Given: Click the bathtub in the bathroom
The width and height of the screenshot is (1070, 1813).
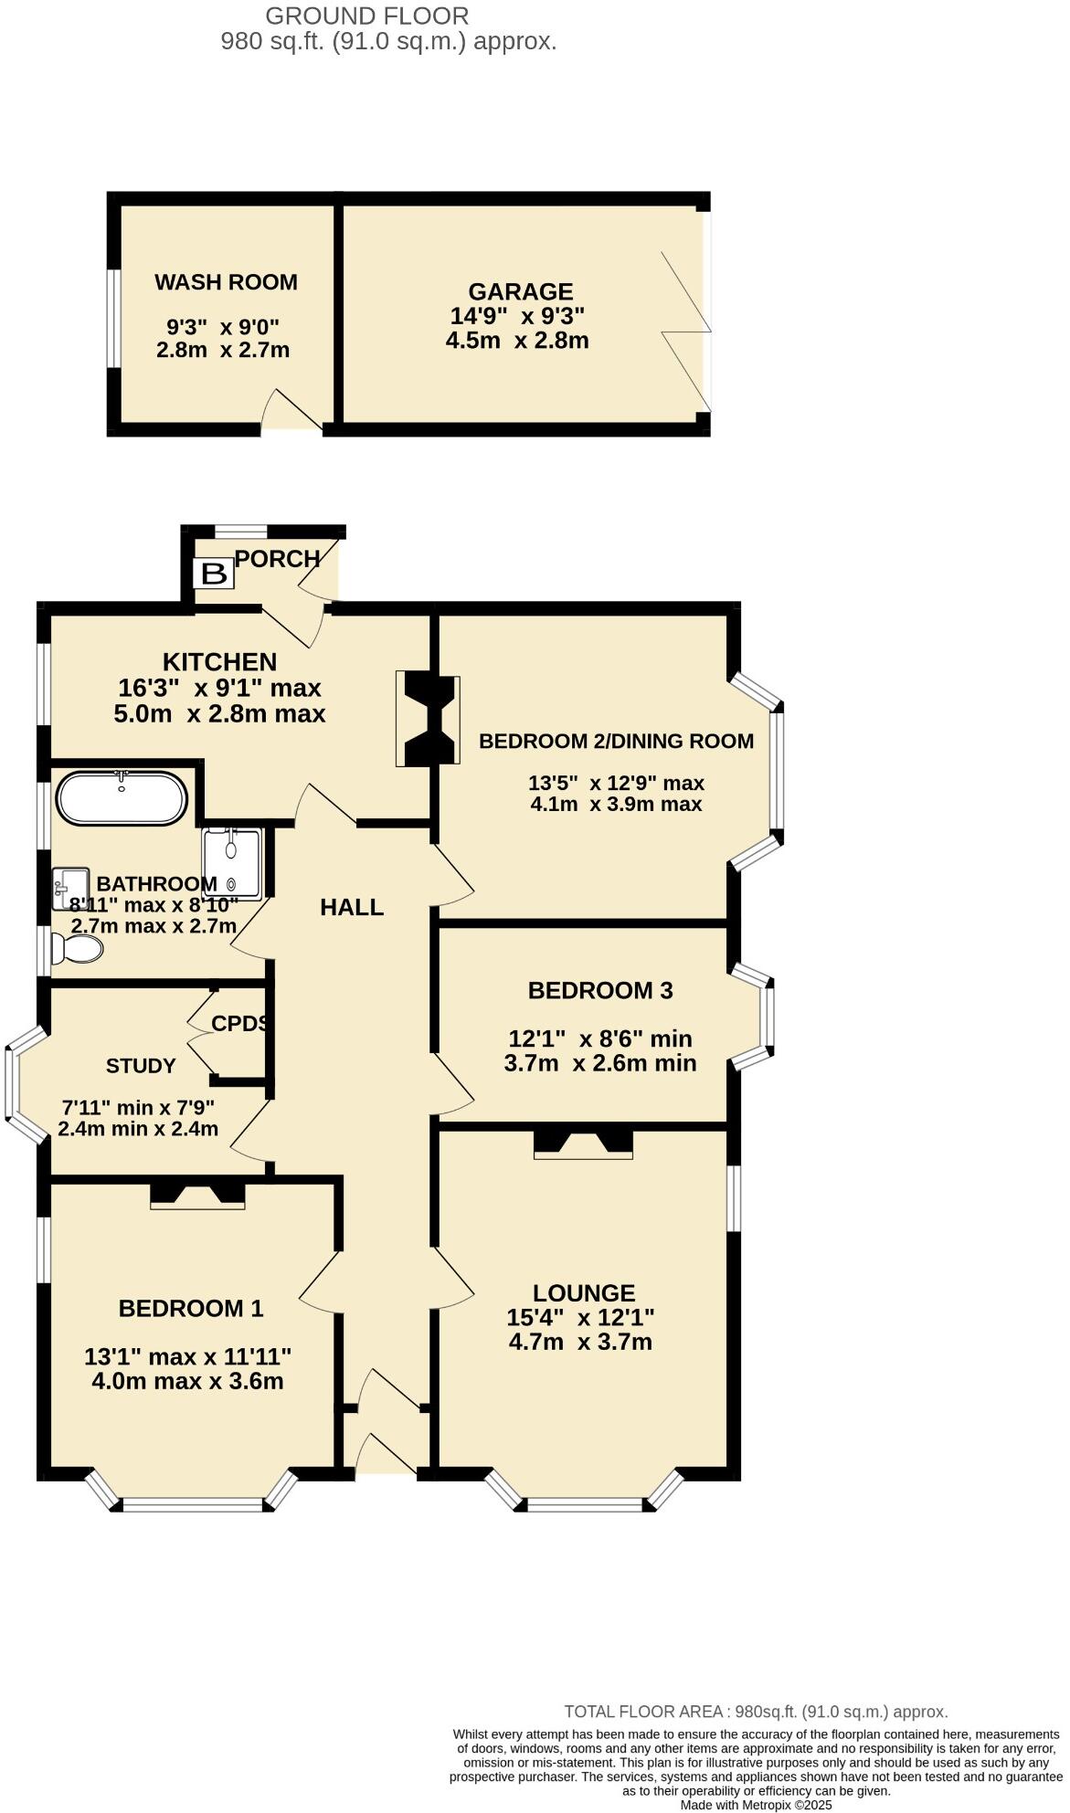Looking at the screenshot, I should tap(122, 798).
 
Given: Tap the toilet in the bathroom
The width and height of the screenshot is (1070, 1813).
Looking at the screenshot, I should tap(77, 948).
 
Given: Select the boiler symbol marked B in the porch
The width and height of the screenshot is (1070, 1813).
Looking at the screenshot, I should tap(213, 574).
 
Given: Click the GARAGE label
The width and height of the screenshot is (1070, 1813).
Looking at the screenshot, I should tap(521, 291).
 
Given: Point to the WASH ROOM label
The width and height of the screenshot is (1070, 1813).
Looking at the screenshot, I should tap(226, 282).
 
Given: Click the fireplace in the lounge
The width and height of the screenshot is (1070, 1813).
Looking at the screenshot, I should tap(583, 1144).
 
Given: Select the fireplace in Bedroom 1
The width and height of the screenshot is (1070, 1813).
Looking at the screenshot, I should tap(197, 1195).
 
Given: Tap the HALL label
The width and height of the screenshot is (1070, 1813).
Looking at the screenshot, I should tap(352, 907).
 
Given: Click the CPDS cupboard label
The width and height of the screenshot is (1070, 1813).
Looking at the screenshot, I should tap(239, 1024).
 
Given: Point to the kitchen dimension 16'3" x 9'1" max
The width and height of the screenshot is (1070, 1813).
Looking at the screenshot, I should tap(219, 688).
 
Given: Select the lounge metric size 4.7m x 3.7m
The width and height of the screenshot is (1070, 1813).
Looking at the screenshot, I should tap(580, 1342).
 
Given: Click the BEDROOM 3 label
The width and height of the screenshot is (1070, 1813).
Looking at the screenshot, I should tap(600, 990).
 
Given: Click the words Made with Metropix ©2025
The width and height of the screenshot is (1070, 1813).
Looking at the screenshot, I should tap(756, 1805).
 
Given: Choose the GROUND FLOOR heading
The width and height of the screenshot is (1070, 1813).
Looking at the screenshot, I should tap(367, 16).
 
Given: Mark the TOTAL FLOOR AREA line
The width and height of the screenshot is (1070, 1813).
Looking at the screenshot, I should tap(756, 1712).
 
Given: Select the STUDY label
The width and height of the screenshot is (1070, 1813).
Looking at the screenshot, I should tap(141, 1066).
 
